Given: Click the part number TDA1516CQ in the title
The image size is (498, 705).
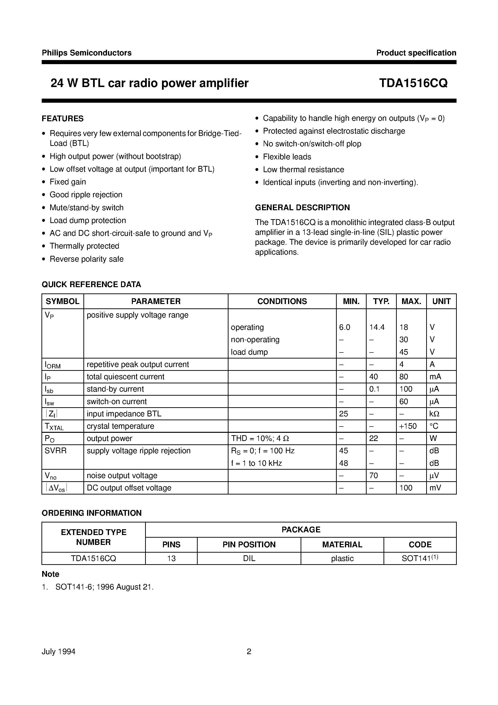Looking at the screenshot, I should pyautogui.click(x=413, y=83).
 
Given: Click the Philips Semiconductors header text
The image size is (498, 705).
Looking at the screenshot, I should pyautogui.click(x=87, y=53).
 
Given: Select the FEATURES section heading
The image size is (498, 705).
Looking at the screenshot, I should pyautogui.click(x=63, y=119).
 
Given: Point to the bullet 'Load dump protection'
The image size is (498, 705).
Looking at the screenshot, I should pyautogui.click(x=88, y=220).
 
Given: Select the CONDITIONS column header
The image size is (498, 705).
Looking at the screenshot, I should pyautogui.click(x=282, y=301).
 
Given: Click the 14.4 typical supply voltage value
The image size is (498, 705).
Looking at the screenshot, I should pyautogui.click(x=377, y=327).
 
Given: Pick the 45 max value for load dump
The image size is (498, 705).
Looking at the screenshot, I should pyautogui.click(x=404, y=352).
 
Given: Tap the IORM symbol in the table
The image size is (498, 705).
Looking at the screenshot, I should pyautogui.click(x=53, y=365).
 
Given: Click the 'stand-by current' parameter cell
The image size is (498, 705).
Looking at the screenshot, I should pyautogui.click(x=115, y=389).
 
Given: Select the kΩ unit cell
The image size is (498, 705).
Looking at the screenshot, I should pyautogui.click(x=434, y=414).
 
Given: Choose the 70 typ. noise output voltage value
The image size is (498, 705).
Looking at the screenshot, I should pyautogui.click(x=373, y=476).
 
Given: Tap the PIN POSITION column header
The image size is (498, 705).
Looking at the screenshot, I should pyautogui.click(x=249, y=545).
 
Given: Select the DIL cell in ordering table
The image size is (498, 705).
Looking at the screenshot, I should pyautogui.click(x=249, y=559).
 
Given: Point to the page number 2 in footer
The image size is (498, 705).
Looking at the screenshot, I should pyautogui.click(x=249, y=651).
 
